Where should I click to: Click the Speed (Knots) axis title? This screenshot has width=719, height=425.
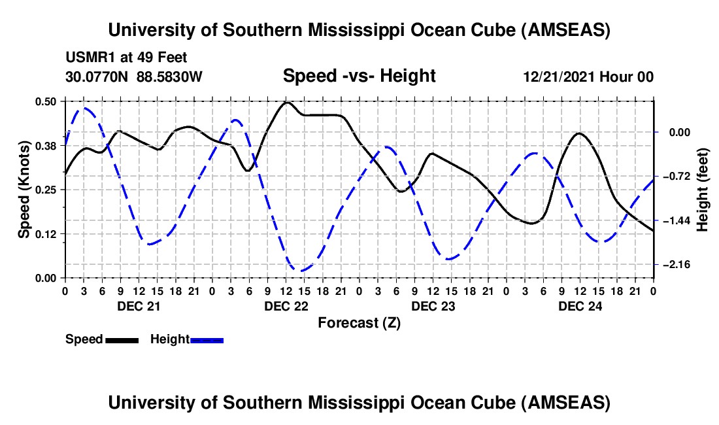click(24, 190)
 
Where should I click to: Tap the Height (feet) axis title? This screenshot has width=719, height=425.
click(703, 190)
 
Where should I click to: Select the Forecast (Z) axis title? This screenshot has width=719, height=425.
click(359, 322)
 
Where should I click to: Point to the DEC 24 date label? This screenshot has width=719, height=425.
click(580, 306)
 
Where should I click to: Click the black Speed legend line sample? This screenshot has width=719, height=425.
click(121, 339)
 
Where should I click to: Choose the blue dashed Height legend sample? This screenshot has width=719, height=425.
click(207, 339)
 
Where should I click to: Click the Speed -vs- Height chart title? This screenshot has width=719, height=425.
click(359, 76)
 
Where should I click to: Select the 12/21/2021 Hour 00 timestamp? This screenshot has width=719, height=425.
click(588, 76)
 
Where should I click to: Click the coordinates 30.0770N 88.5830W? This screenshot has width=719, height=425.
click(134, 76)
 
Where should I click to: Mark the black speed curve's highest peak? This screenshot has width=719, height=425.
click(286, 102)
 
